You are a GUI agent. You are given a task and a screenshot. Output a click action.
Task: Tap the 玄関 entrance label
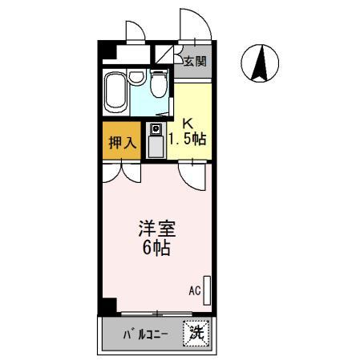point(194,61)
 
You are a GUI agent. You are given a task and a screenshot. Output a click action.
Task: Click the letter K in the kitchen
point(188,124)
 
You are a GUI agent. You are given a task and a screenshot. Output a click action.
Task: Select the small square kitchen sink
point(154,130)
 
